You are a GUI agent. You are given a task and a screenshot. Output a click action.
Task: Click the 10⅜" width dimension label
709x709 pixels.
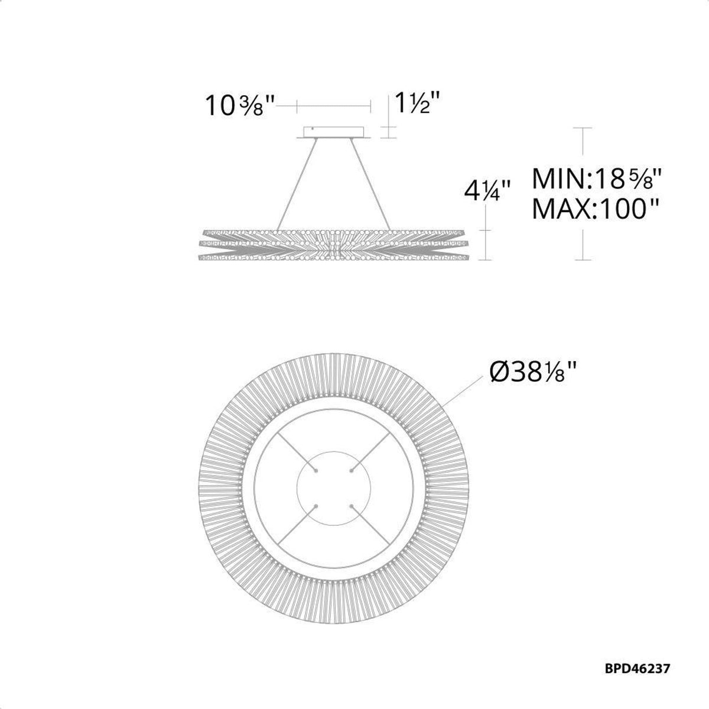point(240,106)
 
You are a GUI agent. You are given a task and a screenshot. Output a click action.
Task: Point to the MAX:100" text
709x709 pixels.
point(596,209)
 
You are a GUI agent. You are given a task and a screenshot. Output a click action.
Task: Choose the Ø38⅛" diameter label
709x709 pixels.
point(532,372)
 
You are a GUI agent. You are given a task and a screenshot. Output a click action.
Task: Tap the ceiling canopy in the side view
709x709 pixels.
point(334,133)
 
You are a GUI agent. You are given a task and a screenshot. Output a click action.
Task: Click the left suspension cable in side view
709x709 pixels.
point(297,184)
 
